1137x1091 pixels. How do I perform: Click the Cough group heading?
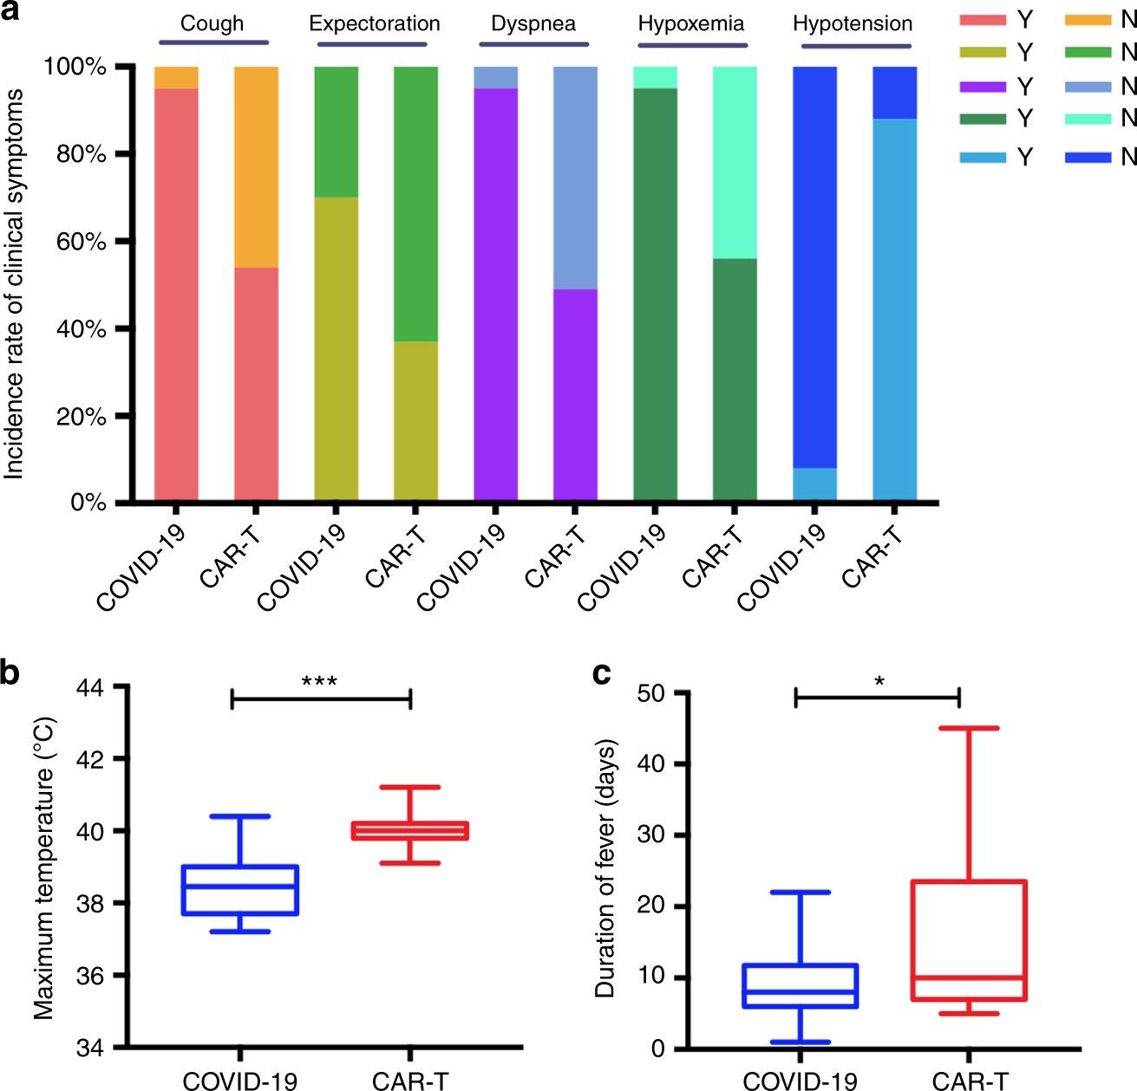click(x=212, y=23)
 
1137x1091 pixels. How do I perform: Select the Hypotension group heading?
click(x=853, y=23)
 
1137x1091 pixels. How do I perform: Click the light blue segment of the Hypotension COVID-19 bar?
click(x=815, y=484)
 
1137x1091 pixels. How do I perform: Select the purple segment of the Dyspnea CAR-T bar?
click(x=575, y=394)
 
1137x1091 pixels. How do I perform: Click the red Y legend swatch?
click(x=983, y=19)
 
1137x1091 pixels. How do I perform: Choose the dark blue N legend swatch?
click(x=1088, y=157)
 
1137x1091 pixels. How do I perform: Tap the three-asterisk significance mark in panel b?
click(x=319, y=682)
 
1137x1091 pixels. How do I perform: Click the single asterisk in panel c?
click(x=879, y=682)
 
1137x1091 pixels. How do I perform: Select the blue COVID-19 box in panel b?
click(x=240, y=890)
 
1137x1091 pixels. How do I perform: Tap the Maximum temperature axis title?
click(x=44, y=867)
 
